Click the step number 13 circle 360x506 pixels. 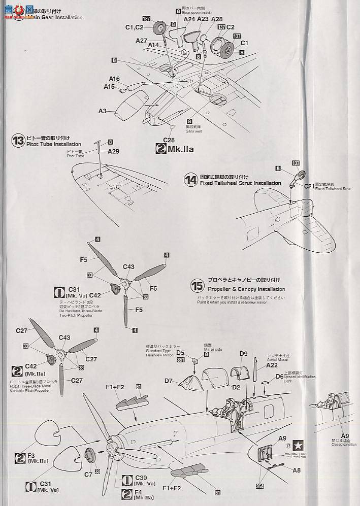click(18, 141)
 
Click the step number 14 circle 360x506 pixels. click(191, 179)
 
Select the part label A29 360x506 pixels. click(113, 151)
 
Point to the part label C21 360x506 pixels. click(309, 186)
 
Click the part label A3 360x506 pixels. click(103, 111)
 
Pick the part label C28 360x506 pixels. click(169, 140)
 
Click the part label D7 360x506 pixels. click(168, 380)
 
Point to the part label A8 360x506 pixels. click(299, 470)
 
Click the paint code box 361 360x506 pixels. click(180, 360)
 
